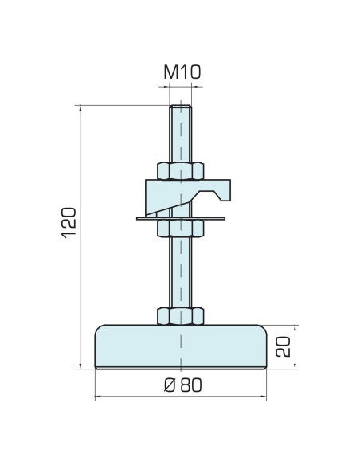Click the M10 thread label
182,72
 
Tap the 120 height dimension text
68,223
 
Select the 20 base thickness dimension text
283,346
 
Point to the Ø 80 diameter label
183,385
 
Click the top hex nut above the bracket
181,171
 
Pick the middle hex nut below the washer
181,228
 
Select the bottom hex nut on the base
181,316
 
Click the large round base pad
181,346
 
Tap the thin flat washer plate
181,218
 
